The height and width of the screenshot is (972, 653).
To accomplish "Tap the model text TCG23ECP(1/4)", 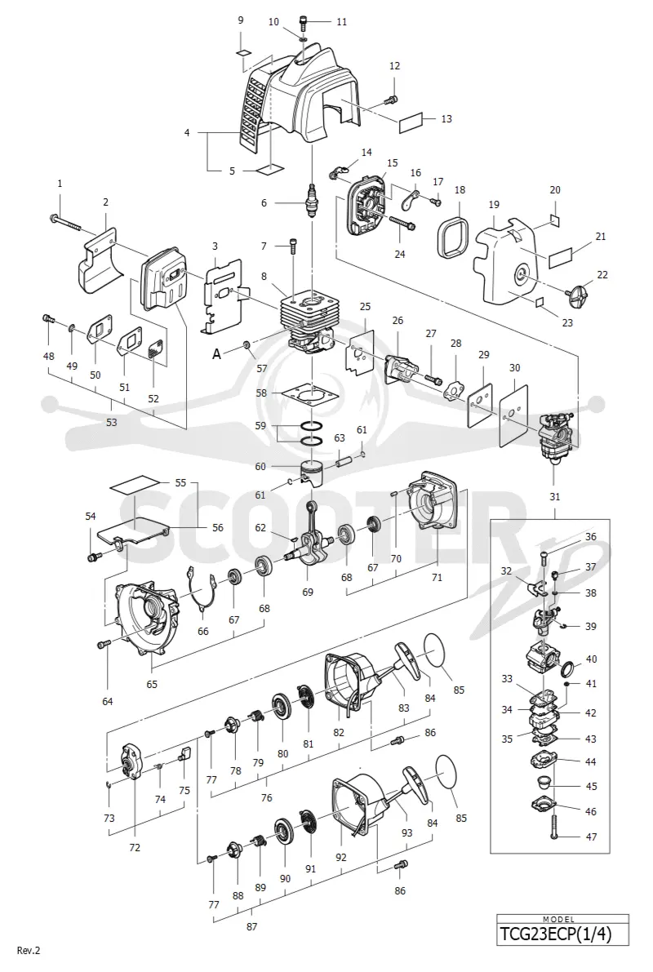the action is point(563,934).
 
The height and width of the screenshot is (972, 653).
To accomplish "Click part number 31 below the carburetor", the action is point(554,496).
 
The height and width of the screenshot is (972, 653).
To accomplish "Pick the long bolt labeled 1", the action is point(64,222).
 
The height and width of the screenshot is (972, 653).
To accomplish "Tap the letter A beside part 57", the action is point(217,354).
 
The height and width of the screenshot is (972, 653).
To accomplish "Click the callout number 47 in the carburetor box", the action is point(592,837).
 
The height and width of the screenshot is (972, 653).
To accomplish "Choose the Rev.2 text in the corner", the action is point(29,950).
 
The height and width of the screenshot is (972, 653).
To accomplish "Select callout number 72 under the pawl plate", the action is point(135,847).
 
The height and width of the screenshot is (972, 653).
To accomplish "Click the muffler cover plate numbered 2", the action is point(100,260).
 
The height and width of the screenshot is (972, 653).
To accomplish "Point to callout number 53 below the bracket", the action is point(112,422).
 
